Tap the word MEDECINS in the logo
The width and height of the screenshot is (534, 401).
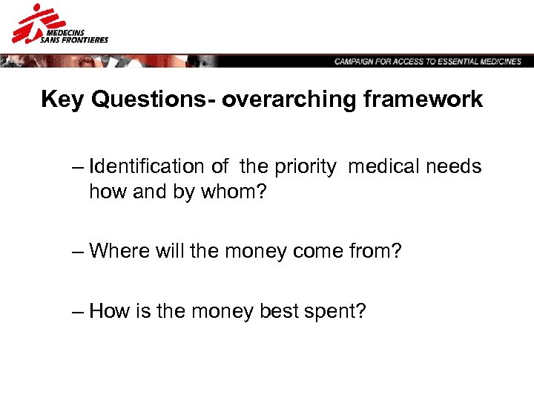pos(65,32)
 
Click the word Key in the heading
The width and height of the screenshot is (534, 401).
pos(62,100)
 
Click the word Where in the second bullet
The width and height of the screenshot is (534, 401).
pos(119,252)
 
